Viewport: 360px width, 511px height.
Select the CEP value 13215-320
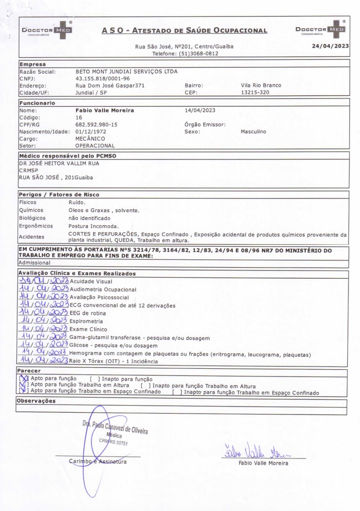[x=255, y=92]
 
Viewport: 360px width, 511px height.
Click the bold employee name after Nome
[x=104, y=110]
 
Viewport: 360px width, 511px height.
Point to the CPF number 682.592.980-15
[x=97, y=124]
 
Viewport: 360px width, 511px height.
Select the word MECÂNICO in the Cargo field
[x=90, y=138]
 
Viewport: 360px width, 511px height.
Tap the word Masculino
[x=253, y=131]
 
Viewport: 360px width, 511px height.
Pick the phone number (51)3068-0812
[x=199, y=54]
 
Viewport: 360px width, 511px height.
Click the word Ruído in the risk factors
[x=76, y=203]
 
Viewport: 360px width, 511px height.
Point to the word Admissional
[x=34, y=263]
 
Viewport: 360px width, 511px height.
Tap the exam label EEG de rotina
[x=89, y=313]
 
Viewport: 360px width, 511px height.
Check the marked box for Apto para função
[x=21, y=379]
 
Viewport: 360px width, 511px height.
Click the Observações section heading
[x=36, y=401]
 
